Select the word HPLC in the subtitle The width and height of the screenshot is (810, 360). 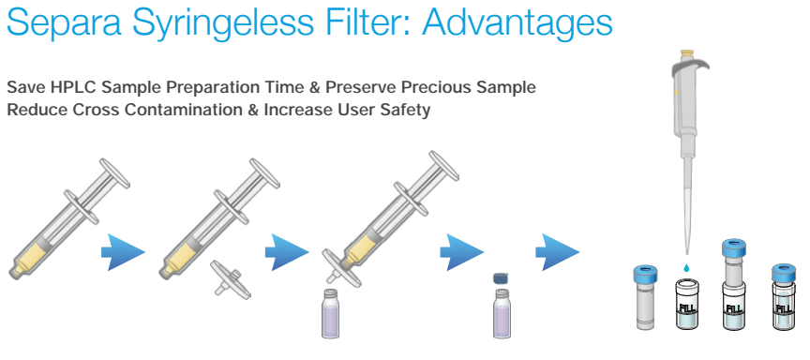click(73, 87)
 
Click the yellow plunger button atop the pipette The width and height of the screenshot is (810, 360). click(687, 52)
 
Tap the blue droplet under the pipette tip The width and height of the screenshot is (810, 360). click(686, 268)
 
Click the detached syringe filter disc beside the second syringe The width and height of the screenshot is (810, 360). click(231, 279)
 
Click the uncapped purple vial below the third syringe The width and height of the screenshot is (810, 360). click(331, 313)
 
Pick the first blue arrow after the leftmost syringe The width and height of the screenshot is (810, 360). click(123, 252)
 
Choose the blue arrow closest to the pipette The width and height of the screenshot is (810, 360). click(558, 252)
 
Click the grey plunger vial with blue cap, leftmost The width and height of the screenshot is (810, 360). click(644, 297)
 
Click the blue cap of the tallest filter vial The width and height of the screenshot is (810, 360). click(734, 248)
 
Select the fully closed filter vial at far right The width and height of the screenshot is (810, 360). click(783, 297)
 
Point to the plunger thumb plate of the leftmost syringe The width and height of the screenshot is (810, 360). click(114, 173)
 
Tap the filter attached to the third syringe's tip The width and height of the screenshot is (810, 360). click(341, 267)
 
